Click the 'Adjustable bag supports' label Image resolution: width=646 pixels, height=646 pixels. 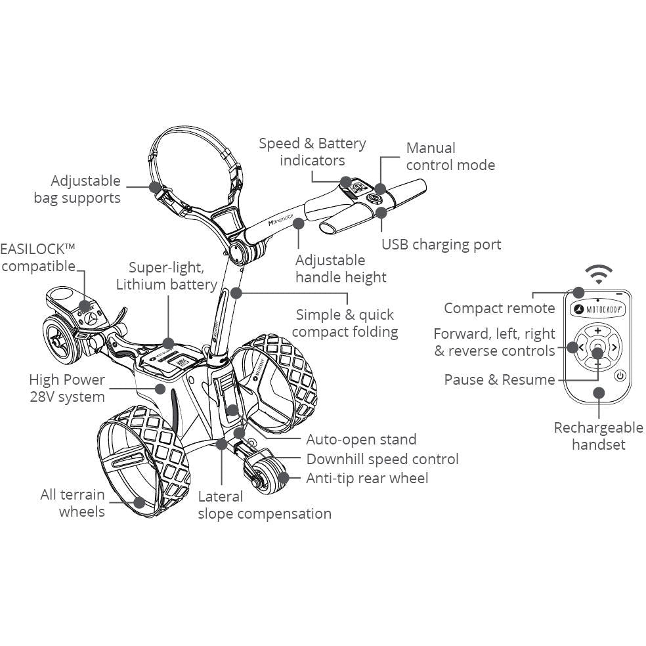point(77,189)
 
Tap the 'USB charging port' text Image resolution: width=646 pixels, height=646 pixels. point(441,245)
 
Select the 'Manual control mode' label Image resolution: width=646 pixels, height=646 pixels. point(450,156)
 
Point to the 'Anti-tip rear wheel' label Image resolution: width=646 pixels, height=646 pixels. point(367,478)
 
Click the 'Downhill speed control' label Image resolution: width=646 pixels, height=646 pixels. point(382,459)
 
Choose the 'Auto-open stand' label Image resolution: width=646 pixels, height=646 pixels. point(361,439)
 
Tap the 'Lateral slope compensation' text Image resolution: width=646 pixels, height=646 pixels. point(265,505)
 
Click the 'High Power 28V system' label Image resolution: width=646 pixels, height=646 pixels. point(67,388)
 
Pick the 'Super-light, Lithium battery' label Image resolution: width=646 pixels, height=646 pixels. point(166,276)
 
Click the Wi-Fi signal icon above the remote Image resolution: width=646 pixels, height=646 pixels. point(598,273)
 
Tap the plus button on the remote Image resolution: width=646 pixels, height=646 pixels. point(597,331)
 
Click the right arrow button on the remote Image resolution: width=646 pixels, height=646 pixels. point(614,347)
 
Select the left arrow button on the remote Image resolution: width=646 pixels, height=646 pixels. point(581,347)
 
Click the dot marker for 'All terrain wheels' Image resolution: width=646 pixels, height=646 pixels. point(139,502)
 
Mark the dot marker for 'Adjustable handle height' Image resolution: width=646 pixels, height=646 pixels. point(299,223)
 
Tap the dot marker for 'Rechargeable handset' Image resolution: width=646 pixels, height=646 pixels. point(598,392)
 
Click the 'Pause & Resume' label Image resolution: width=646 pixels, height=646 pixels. point(499,380)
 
